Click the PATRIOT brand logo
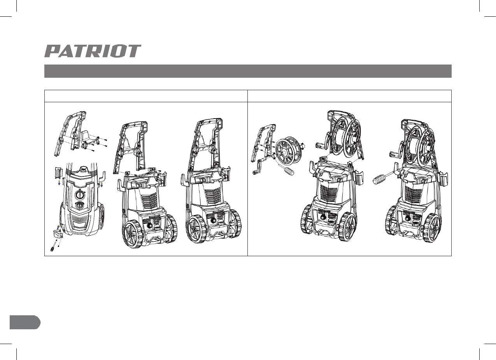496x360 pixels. (93, 51)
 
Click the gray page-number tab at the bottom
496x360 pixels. (25, 322)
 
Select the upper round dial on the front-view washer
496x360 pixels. (79, 195)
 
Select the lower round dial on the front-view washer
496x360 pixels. (79, 206)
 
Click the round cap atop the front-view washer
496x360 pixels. (84, 169)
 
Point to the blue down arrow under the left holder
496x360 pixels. (59, 183)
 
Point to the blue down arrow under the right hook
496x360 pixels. (102, 185)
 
